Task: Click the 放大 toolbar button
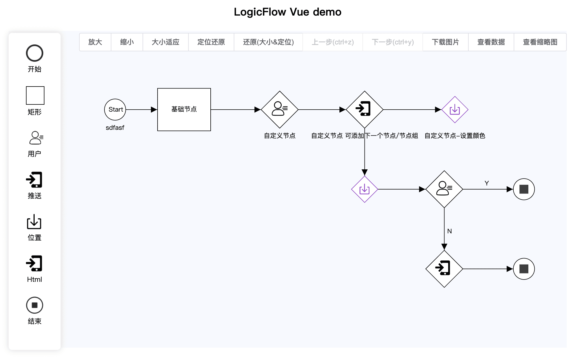[x=95, y=42]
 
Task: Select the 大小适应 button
[x=166, y=42]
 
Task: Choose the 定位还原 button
[x=211, y=42]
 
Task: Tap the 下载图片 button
[x=445, y=42]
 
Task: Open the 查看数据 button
[x=491, y=42]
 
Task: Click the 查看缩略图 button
[x=540, y=42]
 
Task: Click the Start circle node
[x=115, y=110]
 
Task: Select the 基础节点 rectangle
[x=184, y=110]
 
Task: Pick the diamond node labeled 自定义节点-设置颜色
[x=455, y=110]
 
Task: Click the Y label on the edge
[x=487, y=183]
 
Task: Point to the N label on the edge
[x=449, y=231]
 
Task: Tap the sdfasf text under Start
[x=115, y=127]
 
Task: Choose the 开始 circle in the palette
[x=35, y=53]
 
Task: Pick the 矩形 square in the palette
[x=35, y=95]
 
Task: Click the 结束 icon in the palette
[x=35, y=305]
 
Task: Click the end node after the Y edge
[x=524, y=189]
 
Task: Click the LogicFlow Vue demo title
[x=287, y=12]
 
